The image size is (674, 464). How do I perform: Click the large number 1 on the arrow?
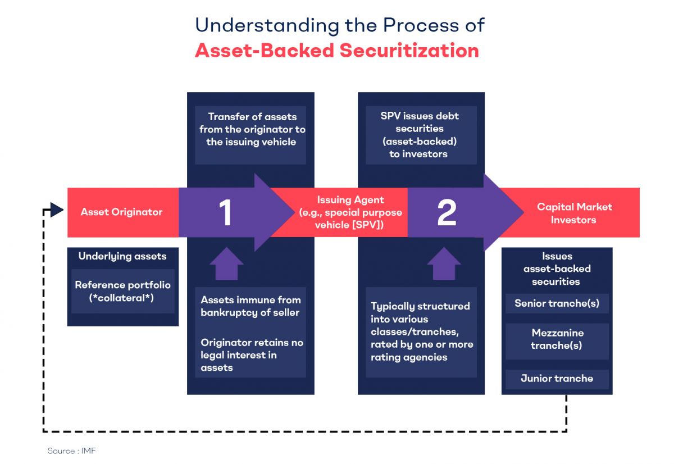click(x=225, y=213)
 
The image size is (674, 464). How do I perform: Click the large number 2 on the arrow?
click(x=447, y=213)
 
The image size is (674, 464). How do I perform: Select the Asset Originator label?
click(x=121, y=212)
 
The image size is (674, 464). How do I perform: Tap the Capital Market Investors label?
click(x=574, y=213)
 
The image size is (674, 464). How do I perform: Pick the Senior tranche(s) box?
click(x=557, y=303)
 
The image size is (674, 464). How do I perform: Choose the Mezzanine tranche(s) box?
click(x=557, y=339)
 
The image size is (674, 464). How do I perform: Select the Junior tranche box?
click(x=557, y=378)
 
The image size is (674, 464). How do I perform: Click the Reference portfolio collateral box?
click(x=122, y=291)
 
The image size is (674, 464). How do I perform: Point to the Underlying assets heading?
click(x=122, y=256)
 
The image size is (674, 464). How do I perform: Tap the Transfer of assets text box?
click(x=251, y=130)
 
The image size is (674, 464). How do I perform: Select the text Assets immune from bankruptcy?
click(x=251, y=306)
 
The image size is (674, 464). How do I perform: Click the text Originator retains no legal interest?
click(x=251, y=355)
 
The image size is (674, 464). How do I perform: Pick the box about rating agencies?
click(x=421, y=332)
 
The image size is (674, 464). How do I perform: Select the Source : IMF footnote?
click(x=68, y=451)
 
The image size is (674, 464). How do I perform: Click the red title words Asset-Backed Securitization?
click(x=337, y=51)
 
